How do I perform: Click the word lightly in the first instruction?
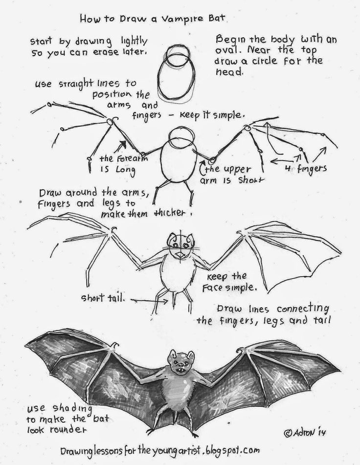(x=132, y=40)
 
